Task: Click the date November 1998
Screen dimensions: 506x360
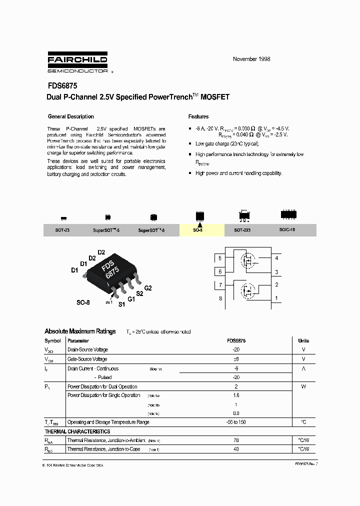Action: coord(251,59)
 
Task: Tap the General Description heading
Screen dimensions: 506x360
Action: coord(70,116)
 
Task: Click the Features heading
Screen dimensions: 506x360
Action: coord(198,116)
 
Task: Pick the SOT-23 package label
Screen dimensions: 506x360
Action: coord(62,230)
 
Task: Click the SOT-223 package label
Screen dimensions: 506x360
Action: coord(242,230)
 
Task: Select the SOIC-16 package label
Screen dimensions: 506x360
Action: coord(287,230)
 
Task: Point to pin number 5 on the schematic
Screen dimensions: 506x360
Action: coord(219,258)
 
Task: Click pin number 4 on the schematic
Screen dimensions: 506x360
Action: coord(276,258)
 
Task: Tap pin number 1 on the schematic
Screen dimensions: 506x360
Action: coord(276,298)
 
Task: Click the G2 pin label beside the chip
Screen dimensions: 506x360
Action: coord(148,288)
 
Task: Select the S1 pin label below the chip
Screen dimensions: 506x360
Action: coord(121,304)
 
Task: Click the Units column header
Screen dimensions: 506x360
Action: coord(303,340)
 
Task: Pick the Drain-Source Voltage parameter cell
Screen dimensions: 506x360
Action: coord(87,350)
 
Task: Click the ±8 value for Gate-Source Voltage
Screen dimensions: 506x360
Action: coord(236,359)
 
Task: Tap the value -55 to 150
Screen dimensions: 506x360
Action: coord(236,422)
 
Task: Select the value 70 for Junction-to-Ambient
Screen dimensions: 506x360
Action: coord(236,440)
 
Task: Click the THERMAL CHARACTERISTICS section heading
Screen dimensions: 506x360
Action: coord(77,431)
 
